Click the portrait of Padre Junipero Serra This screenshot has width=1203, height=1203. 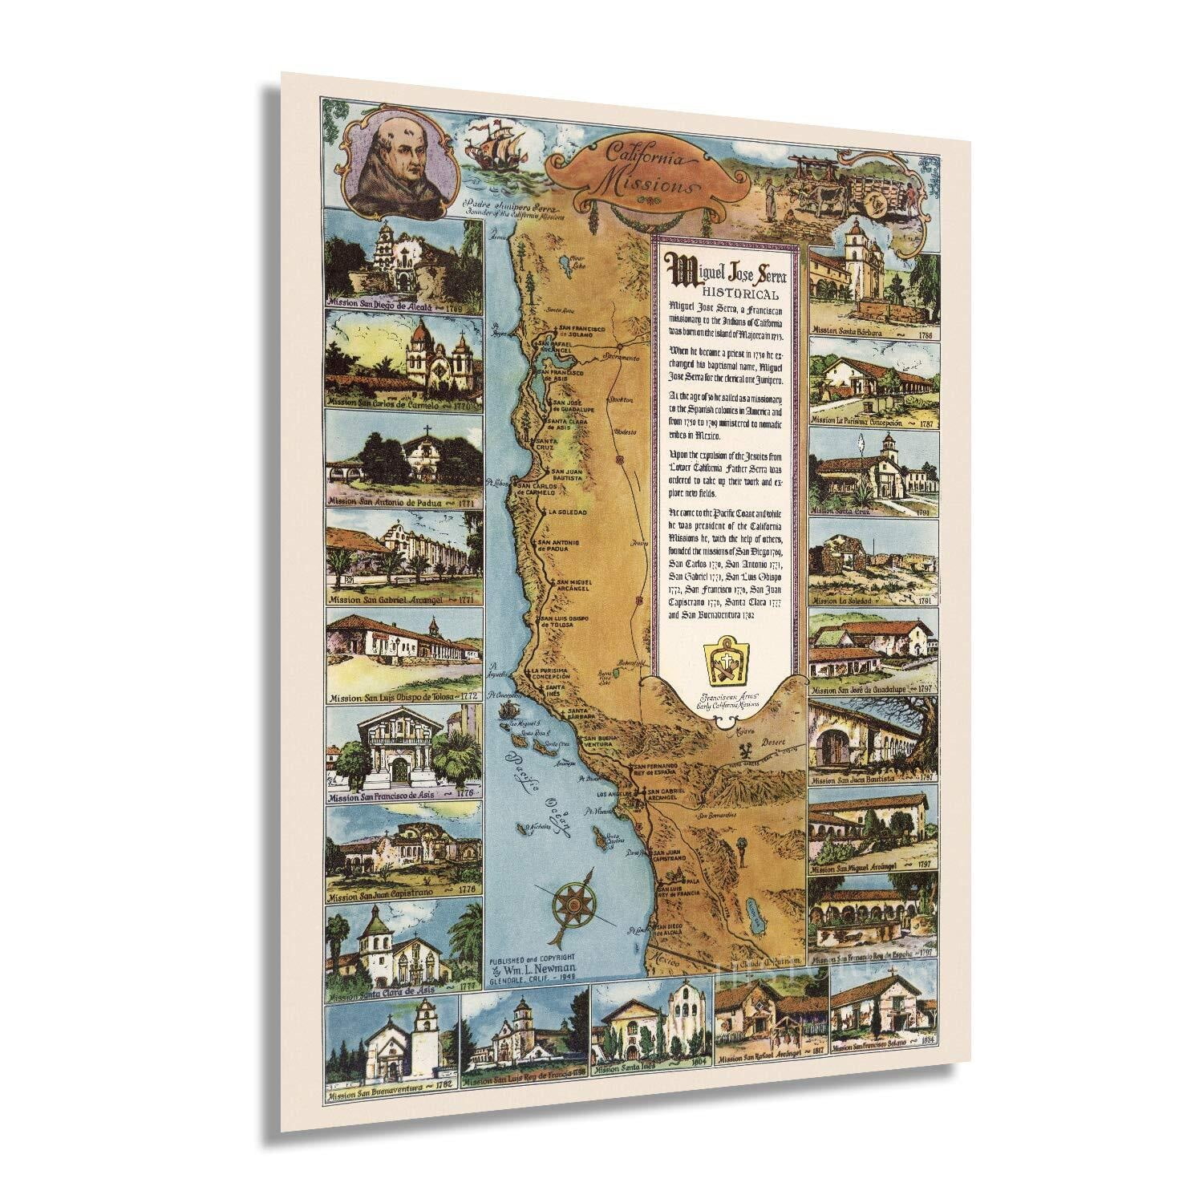391,160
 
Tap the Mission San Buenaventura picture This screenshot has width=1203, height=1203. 391,1045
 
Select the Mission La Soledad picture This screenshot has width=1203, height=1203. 873,563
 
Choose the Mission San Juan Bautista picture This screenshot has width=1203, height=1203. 873,742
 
